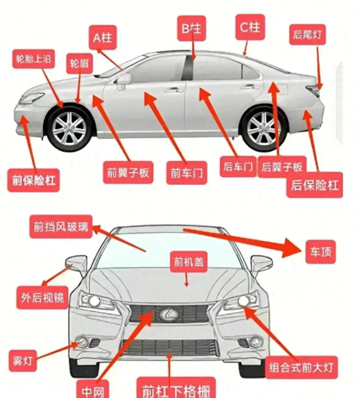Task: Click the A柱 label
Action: pos(102,38)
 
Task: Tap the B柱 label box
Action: pos(191,28)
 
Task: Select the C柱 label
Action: pos(250,27)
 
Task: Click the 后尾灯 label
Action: pos(308,35)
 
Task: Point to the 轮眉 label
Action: pos(79,63)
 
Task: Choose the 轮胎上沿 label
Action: pos(34,59)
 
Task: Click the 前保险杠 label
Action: pos(34,180)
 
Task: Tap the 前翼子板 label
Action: pos(128,172)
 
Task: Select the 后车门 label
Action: pos(238,166)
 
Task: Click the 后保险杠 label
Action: pos(315,185)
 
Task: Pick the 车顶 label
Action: pos(321,252)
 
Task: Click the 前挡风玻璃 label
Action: pos(61,227)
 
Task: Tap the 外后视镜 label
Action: pos(43,297)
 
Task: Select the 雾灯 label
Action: pos(23,361)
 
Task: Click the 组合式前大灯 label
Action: pos(301,367)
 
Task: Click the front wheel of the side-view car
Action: pos(69,128)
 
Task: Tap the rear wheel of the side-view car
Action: pos(264,129)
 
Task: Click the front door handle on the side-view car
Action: pos(174,90)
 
